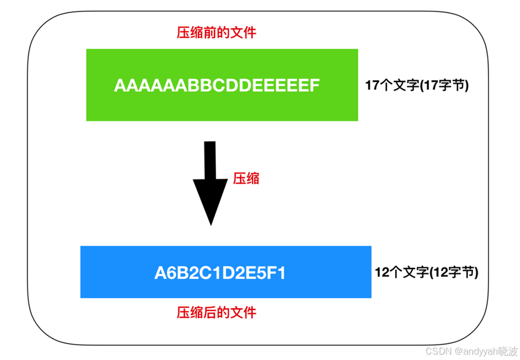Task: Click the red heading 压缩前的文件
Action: (x=216, y=33)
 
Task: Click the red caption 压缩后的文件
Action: (x=216, y=312)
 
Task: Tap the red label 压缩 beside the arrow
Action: (x=246, y=178)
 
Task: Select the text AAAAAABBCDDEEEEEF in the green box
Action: (x=217, y=86)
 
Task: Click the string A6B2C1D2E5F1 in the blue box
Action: (x=220, y=273)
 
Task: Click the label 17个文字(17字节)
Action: (x=417, y=86)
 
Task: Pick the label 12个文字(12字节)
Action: (x=426, y=273)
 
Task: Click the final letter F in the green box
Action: (x=315, y=86)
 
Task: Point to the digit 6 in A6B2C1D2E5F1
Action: (x=172, y=273)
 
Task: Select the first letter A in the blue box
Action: (x=160, y=273)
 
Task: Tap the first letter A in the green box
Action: (x=120, y=86)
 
